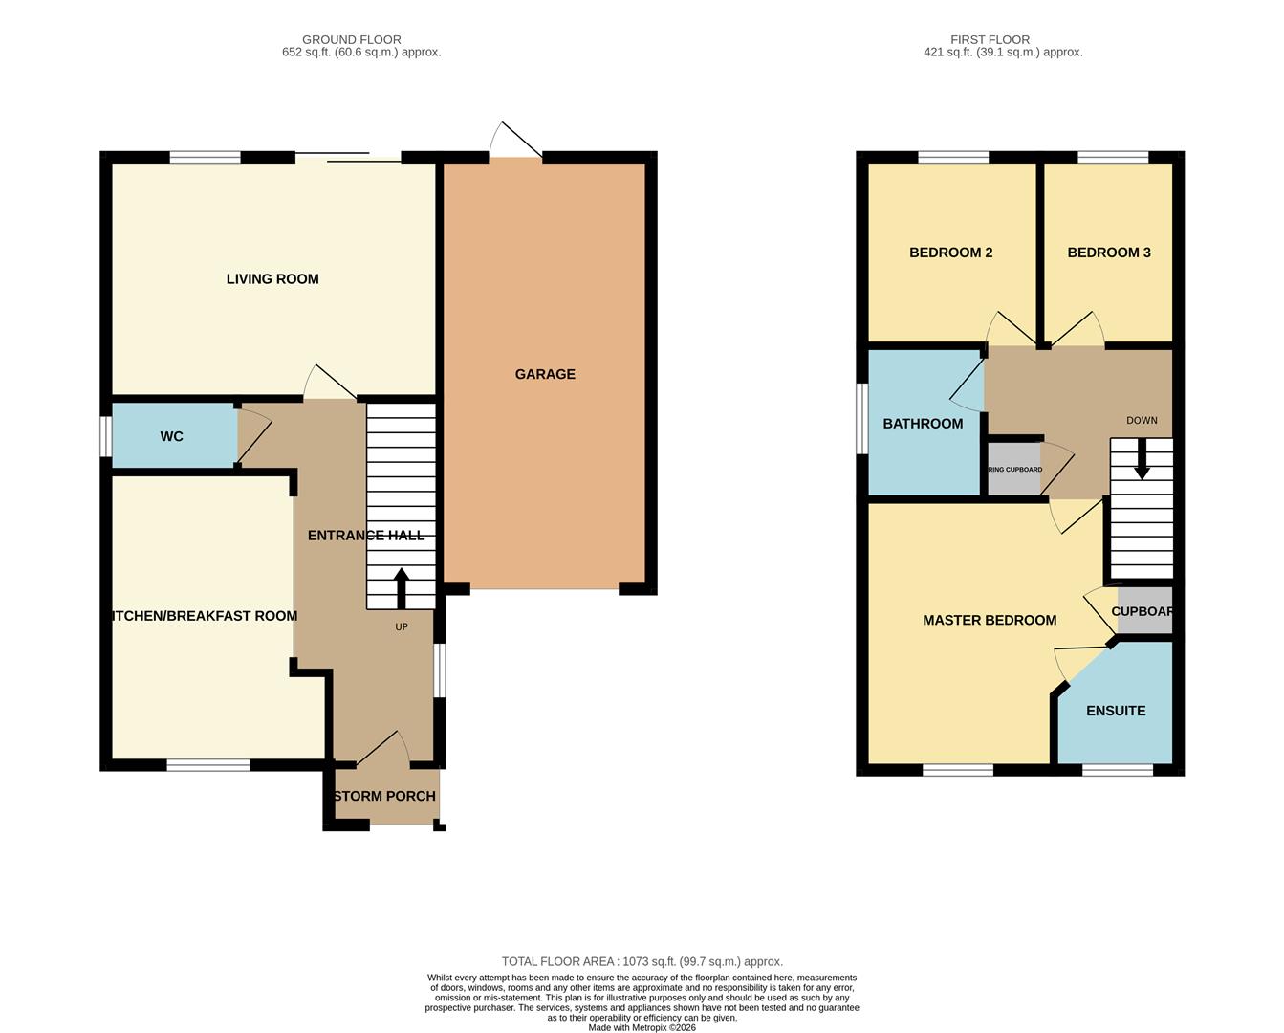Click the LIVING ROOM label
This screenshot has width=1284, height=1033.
(272, 279)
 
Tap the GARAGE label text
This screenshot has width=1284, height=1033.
(545, 374)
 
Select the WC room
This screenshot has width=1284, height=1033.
(172, 436)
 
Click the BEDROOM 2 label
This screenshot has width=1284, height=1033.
(950, 253)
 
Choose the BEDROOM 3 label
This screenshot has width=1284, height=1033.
(1109, 253)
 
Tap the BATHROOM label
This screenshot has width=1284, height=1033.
(923, 424)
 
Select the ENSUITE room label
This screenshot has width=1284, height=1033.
(1116, 711)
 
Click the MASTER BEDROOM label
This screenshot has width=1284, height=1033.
(990, 620)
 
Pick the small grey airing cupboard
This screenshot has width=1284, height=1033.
(1013, 470)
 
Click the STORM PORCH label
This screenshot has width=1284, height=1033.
(385, 796)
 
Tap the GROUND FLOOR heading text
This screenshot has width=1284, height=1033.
(352, 39)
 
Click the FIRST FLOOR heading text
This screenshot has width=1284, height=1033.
(990, 39)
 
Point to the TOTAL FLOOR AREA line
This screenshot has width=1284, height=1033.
(642, 961)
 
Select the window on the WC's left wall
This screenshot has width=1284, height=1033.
(105, 436)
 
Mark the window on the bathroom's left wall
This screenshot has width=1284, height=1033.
(861, 418)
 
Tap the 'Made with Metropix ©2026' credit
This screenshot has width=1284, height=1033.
(642, 1027)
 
